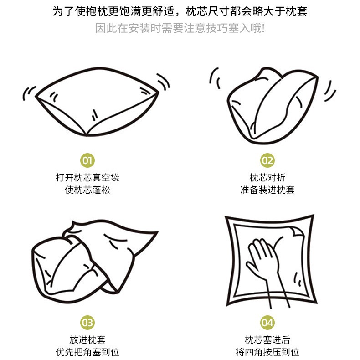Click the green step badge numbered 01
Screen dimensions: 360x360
[87, 160]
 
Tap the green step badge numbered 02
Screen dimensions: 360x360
[267, 160]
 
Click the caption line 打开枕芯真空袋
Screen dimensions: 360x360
[87, 178]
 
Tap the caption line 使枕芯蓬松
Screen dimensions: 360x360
[87, 190]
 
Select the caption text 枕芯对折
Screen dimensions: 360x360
[267, 178]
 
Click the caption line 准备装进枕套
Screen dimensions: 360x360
[267, 190]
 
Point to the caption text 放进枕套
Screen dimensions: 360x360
[87, 340]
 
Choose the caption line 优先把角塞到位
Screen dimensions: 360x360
[87, 352]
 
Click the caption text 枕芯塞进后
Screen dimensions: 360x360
[267, 340]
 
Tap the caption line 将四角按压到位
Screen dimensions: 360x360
[267, 352]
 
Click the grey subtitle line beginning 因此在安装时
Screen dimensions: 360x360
[180, 28]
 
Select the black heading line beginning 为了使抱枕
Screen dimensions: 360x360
[180, 11]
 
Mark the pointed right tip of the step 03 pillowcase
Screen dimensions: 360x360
[158, 231]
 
